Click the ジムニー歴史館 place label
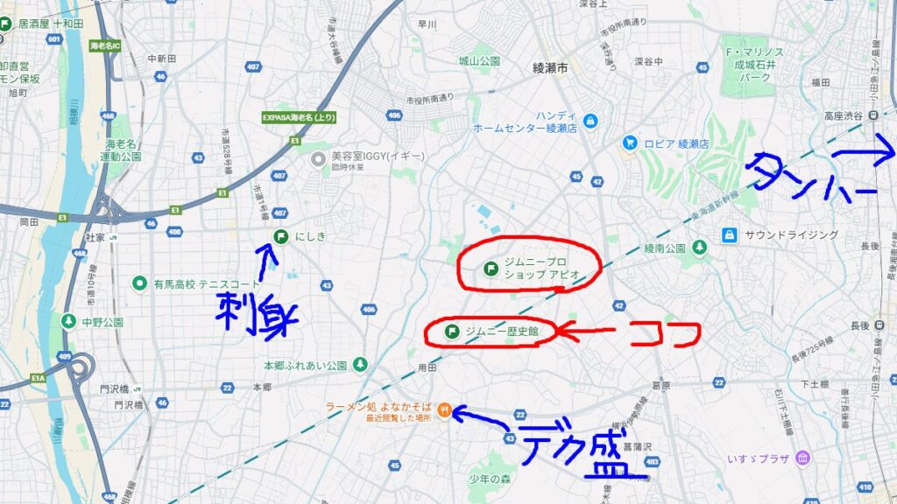[x=502, y=331]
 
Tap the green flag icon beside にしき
[x=281, y=235]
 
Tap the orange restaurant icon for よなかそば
[x=445, y=409]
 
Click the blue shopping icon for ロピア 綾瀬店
[x=629, y=143]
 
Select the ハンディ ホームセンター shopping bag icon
[x=590, y=120]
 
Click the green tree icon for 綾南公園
[x=699, y=248]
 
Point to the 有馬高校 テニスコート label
[x=207, y=283]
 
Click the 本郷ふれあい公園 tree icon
[x=360, y=363]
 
